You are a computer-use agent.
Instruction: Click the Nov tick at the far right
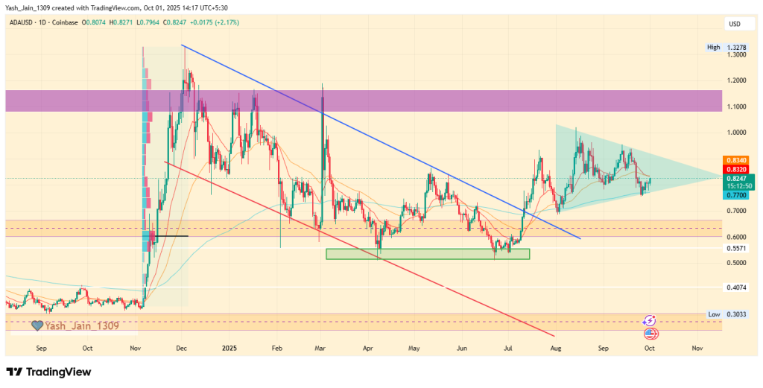pyautogui.click(x=697, y=347)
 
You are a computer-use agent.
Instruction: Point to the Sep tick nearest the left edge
pyautogui.click(x=41, y=347)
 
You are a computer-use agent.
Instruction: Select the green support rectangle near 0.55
pyautogui.click(x=428, y=254)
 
